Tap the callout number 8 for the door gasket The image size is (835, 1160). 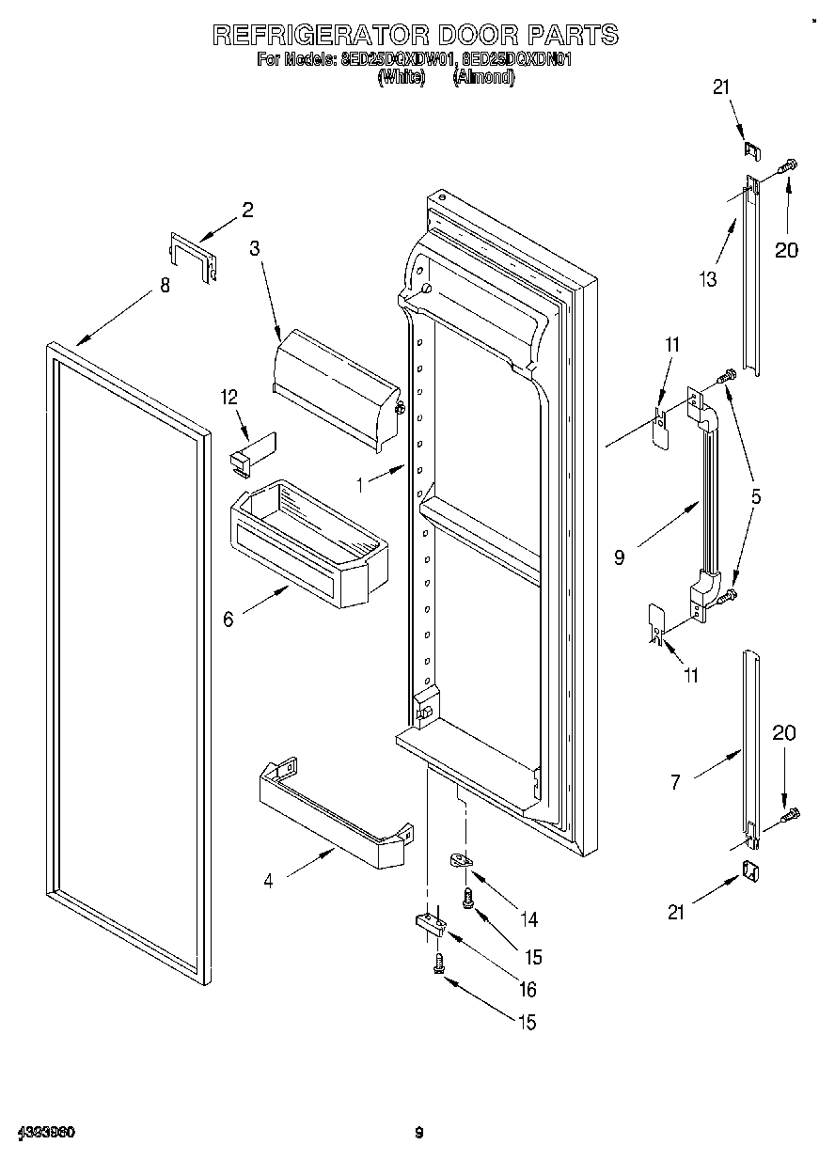pyautogui.click(x=165, y=286)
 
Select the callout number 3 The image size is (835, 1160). pyautogui.click(x=254, y=248)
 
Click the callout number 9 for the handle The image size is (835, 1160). pyautogui.click(x=618, y=557)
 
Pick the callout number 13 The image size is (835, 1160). pyautogui.click(x=707, y=278)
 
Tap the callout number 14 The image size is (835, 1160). pyautogui.click(x=531, y=918)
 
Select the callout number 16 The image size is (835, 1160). pyautogui.click(x=527, y=989)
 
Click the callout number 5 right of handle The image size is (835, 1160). pyautogui.click(x=755, y=495)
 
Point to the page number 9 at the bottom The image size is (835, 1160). pyautogui.click(x=419, y=1133)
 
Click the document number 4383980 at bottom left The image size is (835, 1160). pyautogui.click(x=45, y=1133)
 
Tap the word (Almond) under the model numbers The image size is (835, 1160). pyautogui.click(x=483, y=79)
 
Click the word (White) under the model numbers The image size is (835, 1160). pyautogui.click(x=402, y=79)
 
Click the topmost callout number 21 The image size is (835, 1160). pyautogui.click(x=720, y=87)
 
